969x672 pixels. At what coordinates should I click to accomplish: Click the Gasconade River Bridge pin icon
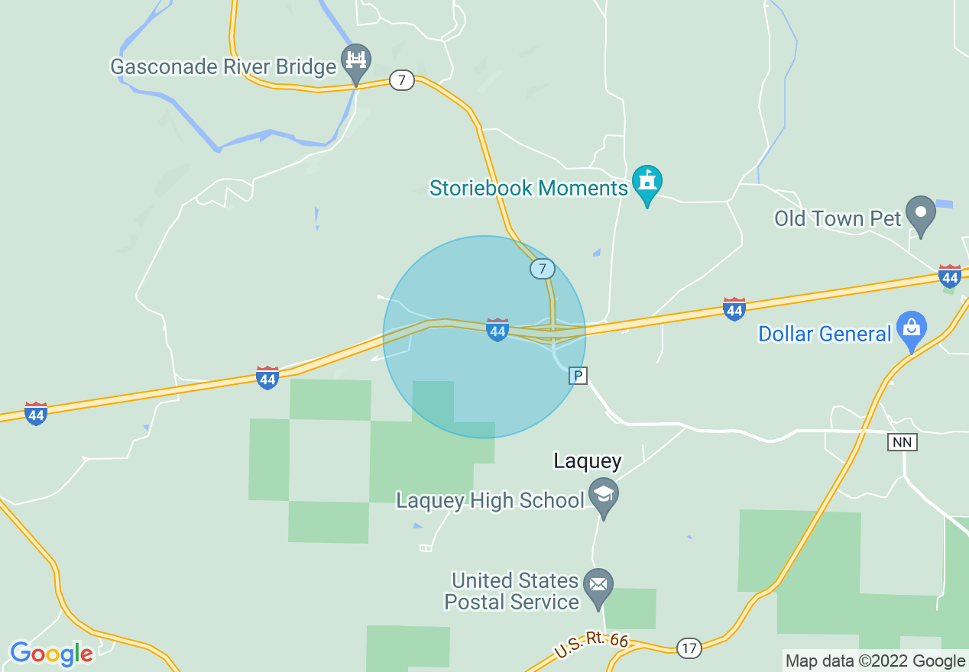pyautogui.click(x=356, y=61)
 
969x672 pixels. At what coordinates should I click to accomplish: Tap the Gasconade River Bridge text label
pyautogui.click(x=223, y=67)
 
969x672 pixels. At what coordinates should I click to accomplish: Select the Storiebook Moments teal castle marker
pyautogui.click(x=647, y=183)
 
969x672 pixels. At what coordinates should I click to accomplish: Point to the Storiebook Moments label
pyautogui.click(x=528, y=188)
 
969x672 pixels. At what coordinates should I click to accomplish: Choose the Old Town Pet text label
pyautogui.click(x=838, y=219)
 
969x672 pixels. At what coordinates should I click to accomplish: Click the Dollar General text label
pyautogui.click(x=825, y=334)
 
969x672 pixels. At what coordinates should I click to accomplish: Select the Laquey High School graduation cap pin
pyautogui.click(x=604, y=496)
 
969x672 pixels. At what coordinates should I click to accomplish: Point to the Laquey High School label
pyautogui.click(x=490, y=501)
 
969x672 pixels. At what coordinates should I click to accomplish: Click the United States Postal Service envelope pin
pyautogui.click(x=598, y=586)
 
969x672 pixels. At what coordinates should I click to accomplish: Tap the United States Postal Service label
pyautogui.click(x=512, y=592)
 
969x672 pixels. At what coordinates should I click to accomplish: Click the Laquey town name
pyautogui.click(x=587, y=461)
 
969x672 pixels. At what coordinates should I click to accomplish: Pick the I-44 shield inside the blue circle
pyautogui.click(x=497, y=330)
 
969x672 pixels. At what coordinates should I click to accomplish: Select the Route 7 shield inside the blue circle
pyautogui.click(x=543, y=269)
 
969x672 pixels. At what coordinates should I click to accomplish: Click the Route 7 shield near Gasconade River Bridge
pyautogui.click(x=401, y=79)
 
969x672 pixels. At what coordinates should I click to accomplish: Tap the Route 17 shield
pyautogui.click(x=689, y=648)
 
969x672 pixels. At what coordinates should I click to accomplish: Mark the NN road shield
pyautogui.click(x=902, y=442)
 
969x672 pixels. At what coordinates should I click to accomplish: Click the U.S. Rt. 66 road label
pyautogui.click(x=591, y=645)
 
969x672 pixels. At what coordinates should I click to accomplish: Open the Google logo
pyautogui.click(x=51, y=654)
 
